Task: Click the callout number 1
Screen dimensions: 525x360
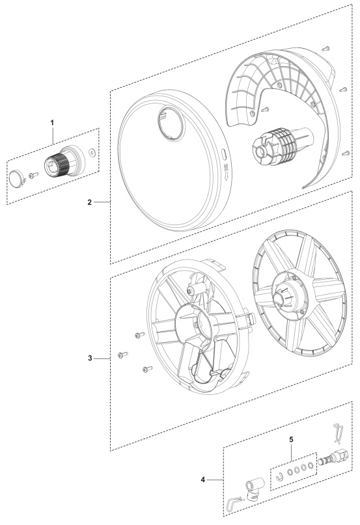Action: (53, 122)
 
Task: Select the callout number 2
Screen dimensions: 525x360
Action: (89, 202)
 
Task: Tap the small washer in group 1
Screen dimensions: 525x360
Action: (92, 154)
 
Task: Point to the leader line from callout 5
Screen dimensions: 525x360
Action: (291, 449)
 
